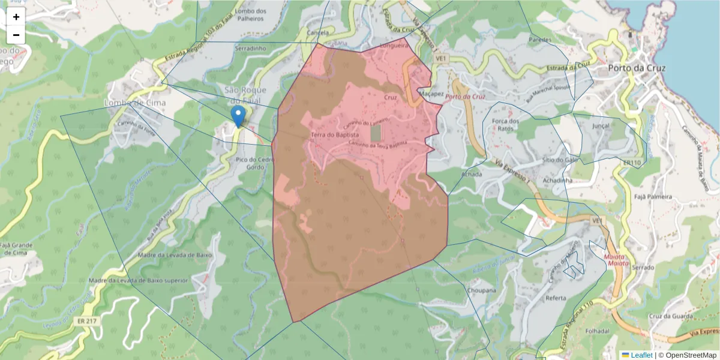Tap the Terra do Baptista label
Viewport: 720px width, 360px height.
tap(335, 136)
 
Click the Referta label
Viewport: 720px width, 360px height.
tap(556, 298)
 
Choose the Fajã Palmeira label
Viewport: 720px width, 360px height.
tap(653, 197)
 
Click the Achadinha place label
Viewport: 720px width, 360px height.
tap(557, 180)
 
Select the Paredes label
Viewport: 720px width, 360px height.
tap(540, 40)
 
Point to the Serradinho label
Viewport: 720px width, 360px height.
tap(251, 48)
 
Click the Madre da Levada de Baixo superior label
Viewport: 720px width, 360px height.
tap(138, 280)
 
